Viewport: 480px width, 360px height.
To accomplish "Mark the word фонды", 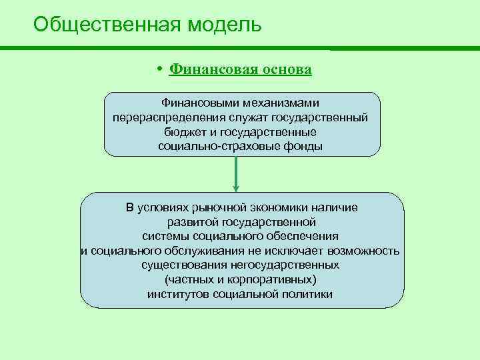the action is pyautogui.click(x=302, y=145).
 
